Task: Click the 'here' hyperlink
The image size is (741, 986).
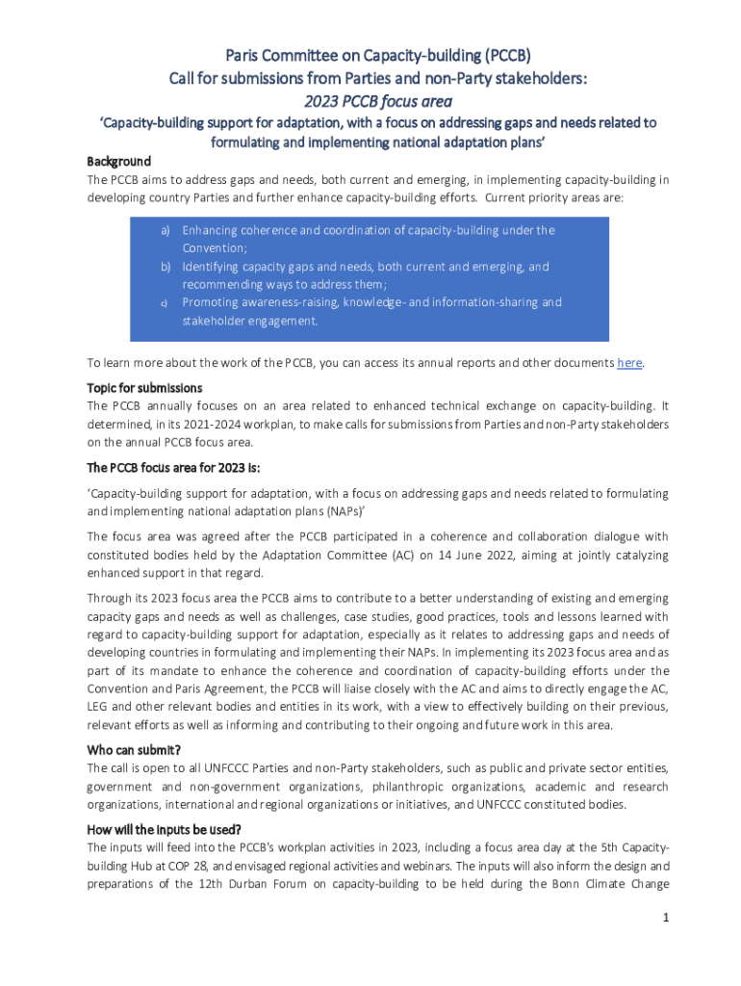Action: point(629,363)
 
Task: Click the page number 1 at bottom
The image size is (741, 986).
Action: point(664,918)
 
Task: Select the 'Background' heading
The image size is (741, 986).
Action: point(118,161)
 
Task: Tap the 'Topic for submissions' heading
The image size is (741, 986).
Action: point(144,388)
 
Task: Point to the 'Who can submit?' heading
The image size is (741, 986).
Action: point(134,750)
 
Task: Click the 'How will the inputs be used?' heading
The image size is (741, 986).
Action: point(164,830)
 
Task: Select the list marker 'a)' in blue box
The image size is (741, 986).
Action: point(165,231)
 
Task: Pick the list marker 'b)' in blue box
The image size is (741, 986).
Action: point(165,267)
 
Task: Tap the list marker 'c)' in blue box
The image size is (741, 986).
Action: point(165,303)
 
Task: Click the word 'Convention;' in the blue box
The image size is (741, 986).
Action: point(215,248)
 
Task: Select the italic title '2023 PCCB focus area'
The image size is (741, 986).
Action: point(370,100)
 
